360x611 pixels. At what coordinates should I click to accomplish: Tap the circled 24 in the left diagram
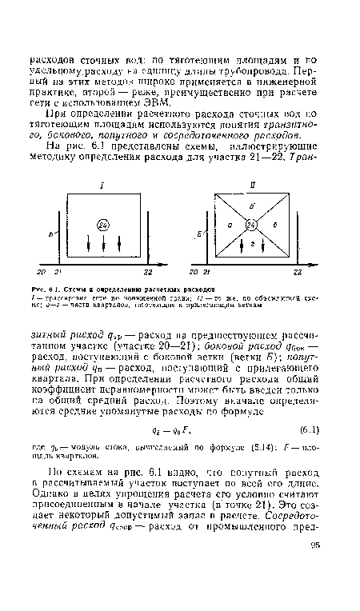click(103, 225)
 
